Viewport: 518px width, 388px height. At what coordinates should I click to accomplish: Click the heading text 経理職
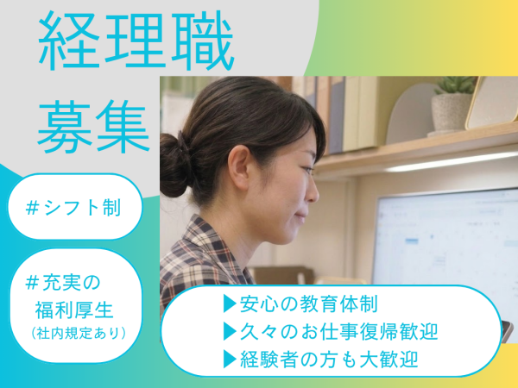pyautogui.click(x=136, y=41)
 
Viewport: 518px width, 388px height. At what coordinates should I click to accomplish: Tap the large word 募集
pyautogui.click(x=93, y=127)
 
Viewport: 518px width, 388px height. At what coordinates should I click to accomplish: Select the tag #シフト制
pyautogui.click(x=73, y=208)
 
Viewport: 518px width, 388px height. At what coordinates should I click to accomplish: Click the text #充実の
pyautogui.click(x=62, y=283)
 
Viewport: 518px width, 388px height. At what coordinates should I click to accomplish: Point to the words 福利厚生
pyautogui.click(x=74, y=310)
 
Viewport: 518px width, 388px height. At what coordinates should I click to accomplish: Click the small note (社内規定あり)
pyautogui.click(x=79, y=333)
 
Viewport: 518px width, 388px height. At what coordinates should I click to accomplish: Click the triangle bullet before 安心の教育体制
pyautogui.click(x=230, y=304)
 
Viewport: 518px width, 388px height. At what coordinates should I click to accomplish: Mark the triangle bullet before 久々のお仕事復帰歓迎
pyautogui.click(x=230, y=332)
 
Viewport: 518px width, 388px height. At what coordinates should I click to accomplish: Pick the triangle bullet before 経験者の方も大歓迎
pyautogui.click(x=230, y=360)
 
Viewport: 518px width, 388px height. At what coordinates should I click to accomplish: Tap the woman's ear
pyautogui.click(x=239, y=163)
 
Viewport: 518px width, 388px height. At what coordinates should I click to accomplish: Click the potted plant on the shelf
pyautogui.click(x=452, y=105)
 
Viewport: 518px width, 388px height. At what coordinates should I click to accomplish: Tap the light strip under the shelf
pyautogui.click(x=451, y=162)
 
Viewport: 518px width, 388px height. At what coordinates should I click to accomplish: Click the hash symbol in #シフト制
pyautogui.click(x=32, y=208)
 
